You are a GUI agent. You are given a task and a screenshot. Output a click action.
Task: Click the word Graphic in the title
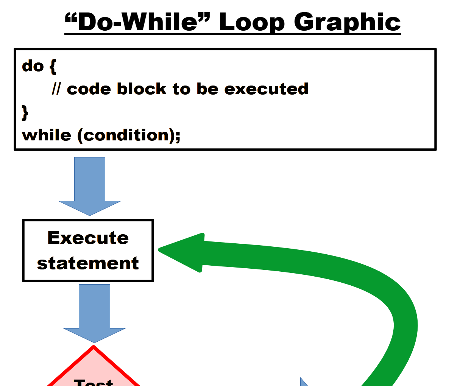point(347,23)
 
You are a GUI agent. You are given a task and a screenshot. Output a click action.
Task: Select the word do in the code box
point(33,66)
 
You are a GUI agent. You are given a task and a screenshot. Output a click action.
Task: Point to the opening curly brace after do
point(53,67)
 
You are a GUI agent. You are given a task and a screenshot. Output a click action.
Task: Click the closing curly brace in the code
point(25,112)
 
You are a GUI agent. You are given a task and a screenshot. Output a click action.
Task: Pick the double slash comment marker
point(56,89)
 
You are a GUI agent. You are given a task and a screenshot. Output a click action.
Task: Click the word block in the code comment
point(142,89)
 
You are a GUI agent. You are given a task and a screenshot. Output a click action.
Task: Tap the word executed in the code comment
point(266,89)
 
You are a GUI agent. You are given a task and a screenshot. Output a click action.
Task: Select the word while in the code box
point(47,135)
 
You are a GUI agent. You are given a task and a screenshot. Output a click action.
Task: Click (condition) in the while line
point(125,135)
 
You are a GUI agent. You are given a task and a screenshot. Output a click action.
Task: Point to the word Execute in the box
point(88,238)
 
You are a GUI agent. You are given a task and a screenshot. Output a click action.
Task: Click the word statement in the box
point(88,263)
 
